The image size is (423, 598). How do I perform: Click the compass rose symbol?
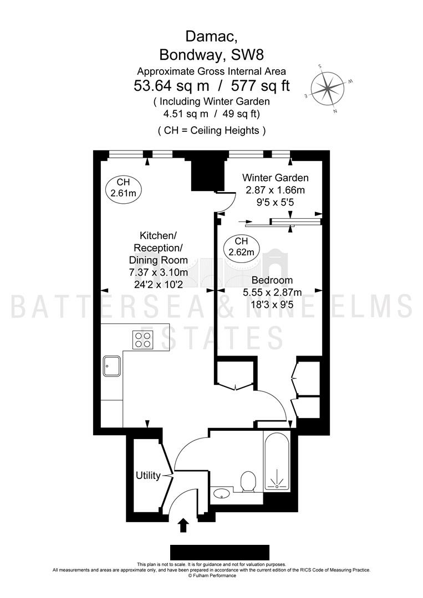[328, 89]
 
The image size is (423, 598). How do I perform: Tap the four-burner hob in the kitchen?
[143, 340]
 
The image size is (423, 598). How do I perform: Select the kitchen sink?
[111, 366]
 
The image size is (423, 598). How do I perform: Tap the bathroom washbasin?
[221, 494]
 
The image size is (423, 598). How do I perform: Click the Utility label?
[148, 476]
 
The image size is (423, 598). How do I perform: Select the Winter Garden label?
[276, 178]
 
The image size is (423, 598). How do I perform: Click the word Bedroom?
[272, 280]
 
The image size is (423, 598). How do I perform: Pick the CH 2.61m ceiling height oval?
[123, 188]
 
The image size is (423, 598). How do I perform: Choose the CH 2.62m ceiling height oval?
[241, 247]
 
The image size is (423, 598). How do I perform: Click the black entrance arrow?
[184, 525]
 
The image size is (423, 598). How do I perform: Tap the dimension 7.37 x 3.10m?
[159, 272]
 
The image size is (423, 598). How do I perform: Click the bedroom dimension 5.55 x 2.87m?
[272, 292]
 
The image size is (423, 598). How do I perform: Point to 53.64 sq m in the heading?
[171, 86]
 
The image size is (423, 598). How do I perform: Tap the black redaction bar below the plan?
[220, 552]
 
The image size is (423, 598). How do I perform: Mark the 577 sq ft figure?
[261, 86]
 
